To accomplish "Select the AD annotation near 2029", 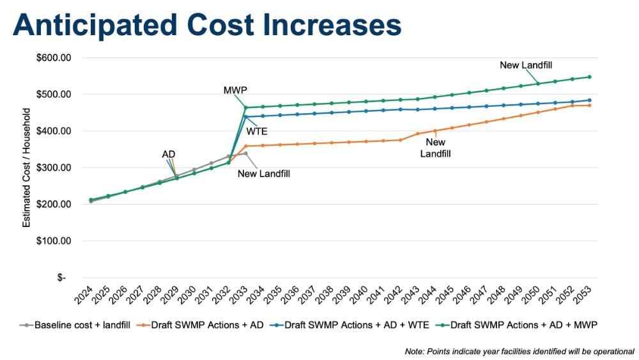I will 169,154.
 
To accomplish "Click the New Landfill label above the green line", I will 526,65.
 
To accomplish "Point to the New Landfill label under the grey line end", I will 264,173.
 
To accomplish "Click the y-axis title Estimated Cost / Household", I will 27,168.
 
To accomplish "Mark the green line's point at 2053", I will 589,77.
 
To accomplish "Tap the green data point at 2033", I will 245,107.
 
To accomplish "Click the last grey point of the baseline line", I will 245,153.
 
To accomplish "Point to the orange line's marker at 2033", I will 245,146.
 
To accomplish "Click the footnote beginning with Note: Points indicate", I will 519,351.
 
